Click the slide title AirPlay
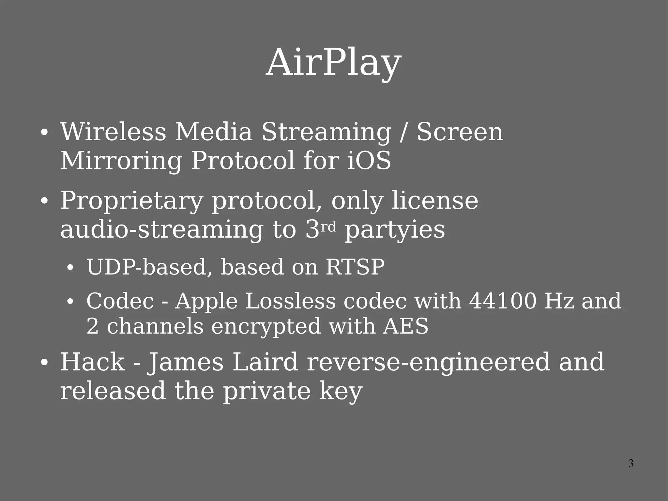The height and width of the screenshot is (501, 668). pyautogui.click(x=333, y=63)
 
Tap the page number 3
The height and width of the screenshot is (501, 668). pyautogui.click(x=631, y=463)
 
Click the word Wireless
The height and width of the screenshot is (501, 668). pyautogui.click(x=113, y=132)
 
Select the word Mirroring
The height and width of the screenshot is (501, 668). pyautogui.click(x=121, y=161)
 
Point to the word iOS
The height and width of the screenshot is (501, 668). pyautogui.click(x=369, y=161)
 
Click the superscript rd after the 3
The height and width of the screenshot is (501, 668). pyautogui.click(x=328, y=227)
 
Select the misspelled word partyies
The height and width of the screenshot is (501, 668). pyautogui.click(x=395, y=230)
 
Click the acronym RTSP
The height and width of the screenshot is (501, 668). pyautogui.click(x=355, y=267)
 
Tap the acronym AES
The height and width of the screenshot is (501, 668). pyautogui.click(x=406, y=326)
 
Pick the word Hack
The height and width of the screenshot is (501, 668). pyautogui.click(x=93, y=362)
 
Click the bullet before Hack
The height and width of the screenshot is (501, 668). pyautogui.click(x=45, y=363)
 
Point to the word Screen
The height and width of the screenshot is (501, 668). pyautogui.click(x=460, y=132)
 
